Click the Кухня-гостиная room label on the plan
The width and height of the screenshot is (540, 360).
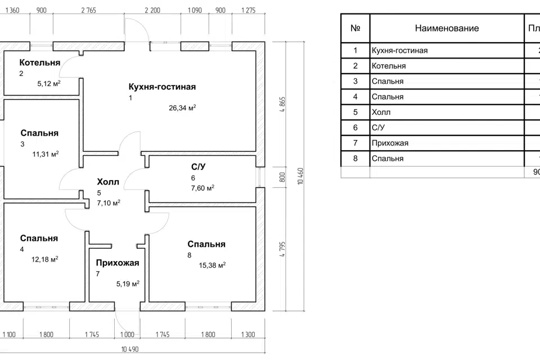point(162,87)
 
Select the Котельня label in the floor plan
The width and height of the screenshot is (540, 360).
point(39,62)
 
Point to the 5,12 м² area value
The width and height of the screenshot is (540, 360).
point(49,83)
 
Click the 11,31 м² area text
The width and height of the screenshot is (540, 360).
point(46,153)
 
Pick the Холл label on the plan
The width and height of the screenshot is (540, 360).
point(108,182)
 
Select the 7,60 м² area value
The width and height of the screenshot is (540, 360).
point(202,188)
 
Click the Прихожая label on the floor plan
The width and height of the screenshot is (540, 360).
point(117,263)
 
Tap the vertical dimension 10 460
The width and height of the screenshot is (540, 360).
point(301,175)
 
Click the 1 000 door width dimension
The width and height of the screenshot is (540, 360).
point(128,335)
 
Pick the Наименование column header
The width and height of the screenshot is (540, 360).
point(447,28)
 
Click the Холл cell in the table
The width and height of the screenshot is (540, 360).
point(381,112)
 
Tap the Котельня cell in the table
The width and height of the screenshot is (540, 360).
point(389,66)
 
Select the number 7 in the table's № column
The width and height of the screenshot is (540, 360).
point(355,143)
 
